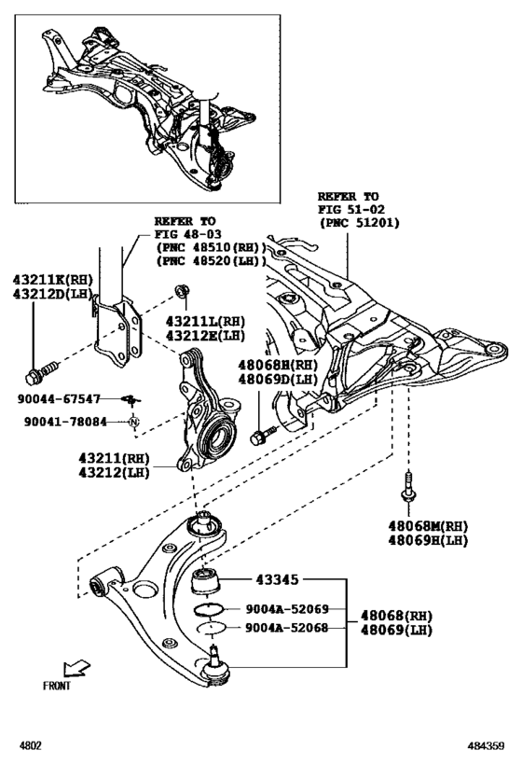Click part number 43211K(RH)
[x=53, y=279]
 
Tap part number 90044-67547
[x=60, y=398]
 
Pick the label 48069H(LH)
[x=427, y=540]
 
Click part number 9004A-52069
[x=287, y=609]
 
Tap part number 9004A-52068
[x=287, y=628]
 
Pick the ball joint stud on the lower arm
[x=214, y=656]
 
